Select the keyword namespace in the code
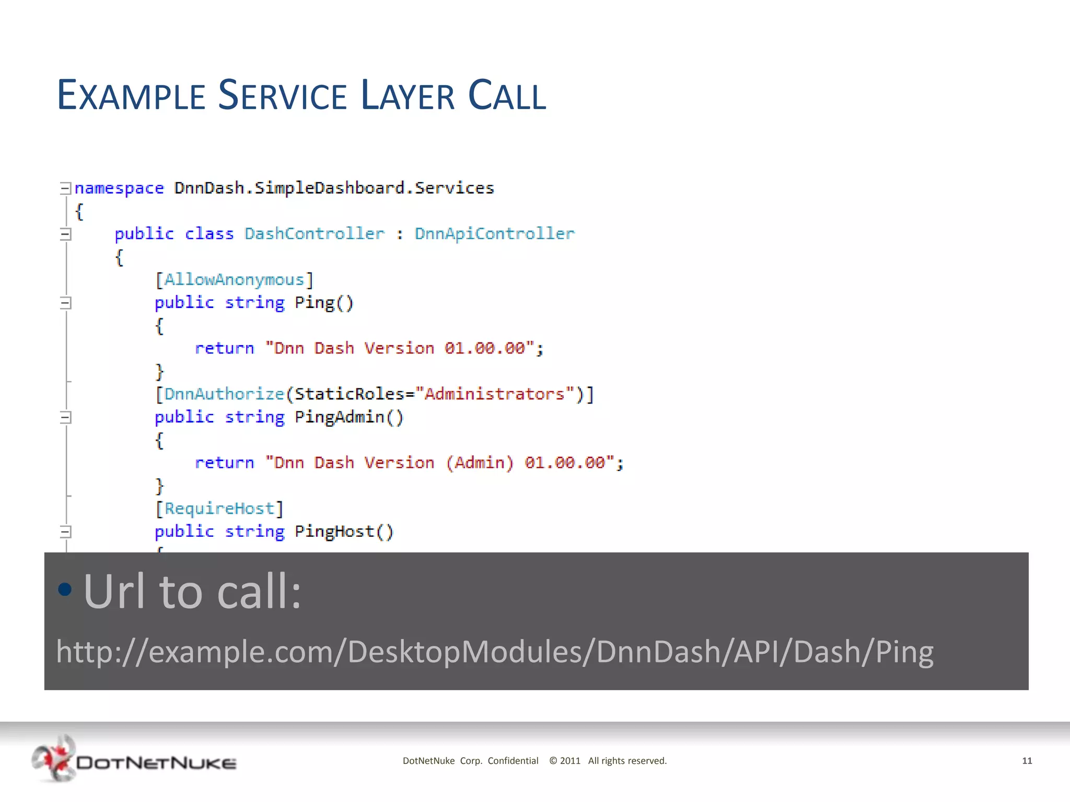(119, 188)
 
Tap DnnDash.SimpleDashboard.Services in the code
(334, 188)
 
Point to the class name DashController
(314, 233)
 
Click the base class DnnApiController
(494, 233)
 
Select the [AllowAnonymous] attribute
(234, 280)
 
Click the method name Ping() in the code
(324, 303)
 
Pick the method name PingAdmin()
(349, 417)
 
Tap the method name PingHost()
(344, 532)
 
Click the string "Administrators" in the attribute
(494, 394)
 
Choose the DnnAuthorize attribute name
(224, 394)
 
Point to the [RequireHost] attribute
(219, 509)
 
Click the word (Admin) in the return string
(479, 463)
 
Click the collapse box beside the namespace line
(65, 188)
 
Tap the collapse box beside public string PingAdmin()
(65, 417)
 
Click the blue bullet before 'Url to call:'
(65, 589)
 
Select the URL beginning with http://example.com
(494, 652)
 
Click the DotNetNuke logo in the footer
(134, 760)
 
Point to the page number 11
(1027, 761)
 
